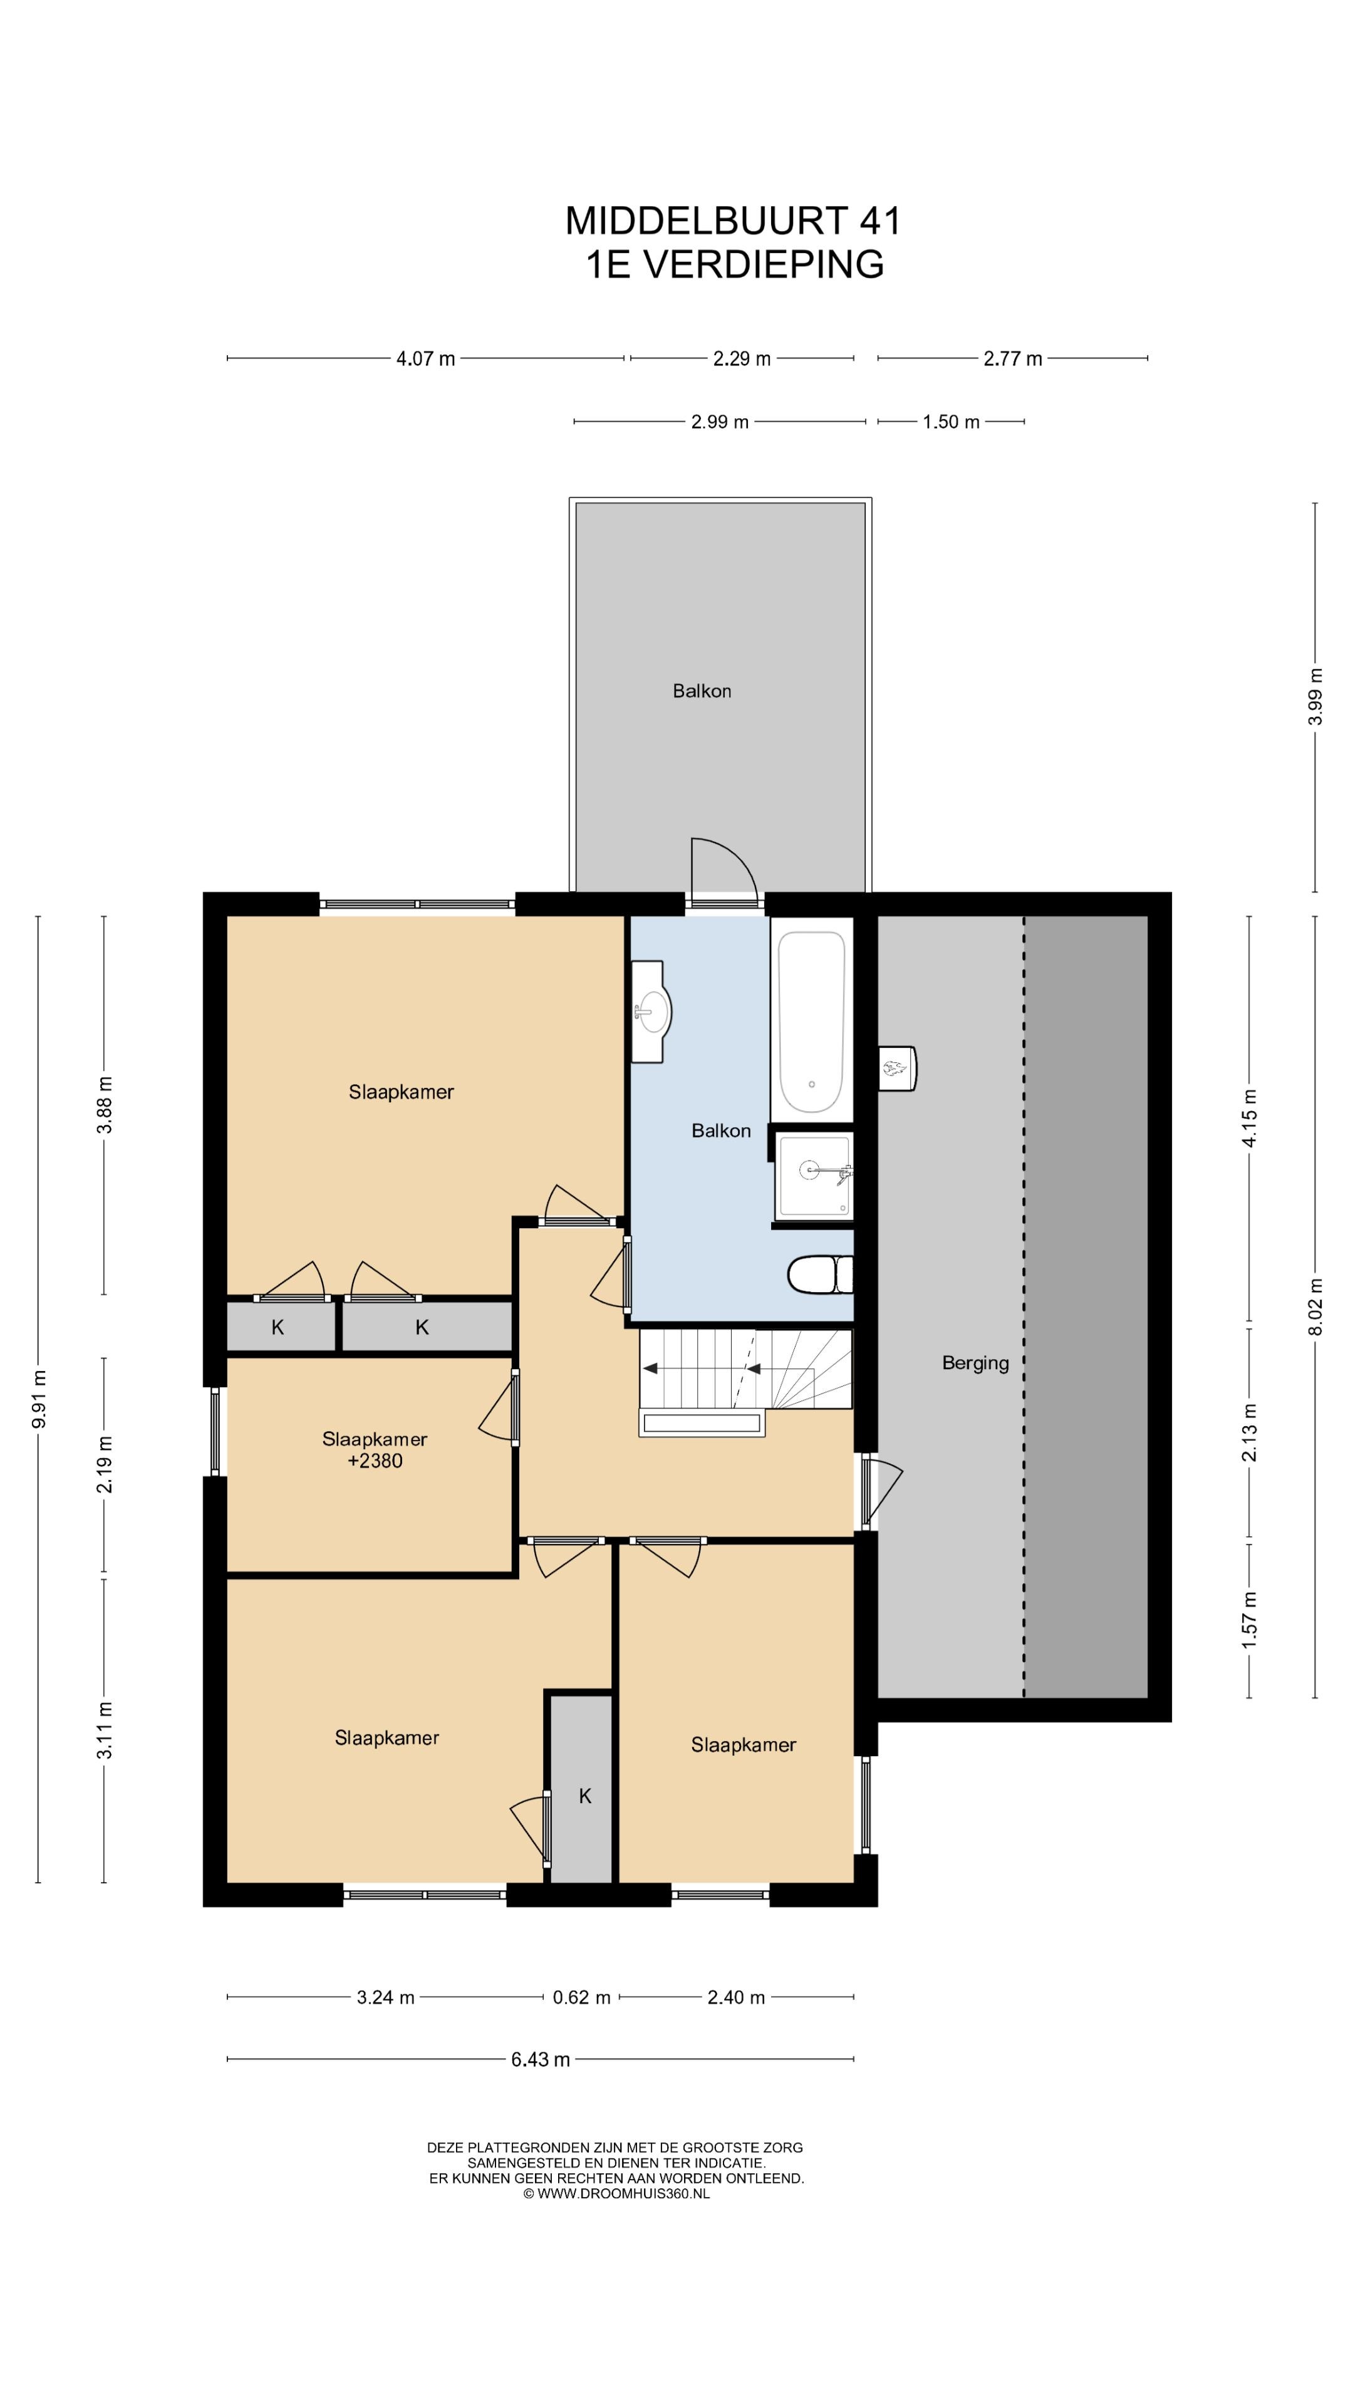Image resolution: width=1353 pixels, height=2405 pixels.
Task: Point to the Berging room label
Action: (x=975, y=1363)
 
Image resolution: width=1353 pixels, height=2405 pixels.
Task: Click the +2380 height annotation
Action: (x=375, y=1461)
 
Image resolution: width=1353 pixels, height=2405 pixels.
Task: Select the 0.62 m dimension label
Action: (x=581, y=1998)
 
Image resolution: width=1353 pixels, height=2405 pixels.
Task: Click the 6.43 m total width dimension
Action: (x=540, y=2059)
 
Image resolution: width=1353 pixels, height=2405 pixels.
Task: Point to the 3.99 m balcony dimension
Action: (x=1315, y=696)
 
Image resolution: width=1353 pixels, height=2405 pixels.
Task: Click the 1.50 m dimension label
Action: (x=951, y=422)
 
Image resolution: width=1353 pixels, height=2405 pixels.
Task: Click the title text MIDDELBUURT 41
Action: (x=734, y=220)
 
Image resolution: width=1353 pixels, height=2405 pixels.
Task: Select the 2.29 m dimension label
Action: (x=742, y=358)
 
